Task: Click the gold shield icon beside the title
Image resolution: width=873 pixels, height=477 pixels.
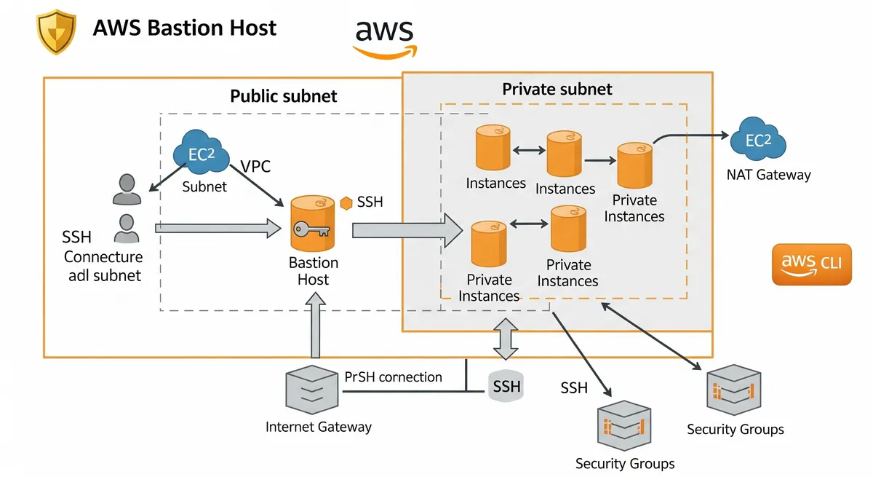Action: click(x=57, y=32)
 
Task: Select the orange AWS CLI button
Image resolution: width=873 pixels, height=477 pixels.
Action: click(x=811, y=264)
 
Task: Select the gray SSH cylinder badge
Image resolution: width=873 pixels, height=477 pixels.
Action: click(x=506, y=385)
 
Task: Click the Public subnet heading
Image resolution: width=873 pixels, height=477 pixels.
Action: click(x=284, y=96)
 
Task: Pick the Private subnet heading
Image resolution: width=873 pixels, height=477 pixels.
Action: click(x=557, y=89)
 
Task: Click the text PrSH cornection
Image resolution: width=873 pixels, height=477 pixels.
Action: click(x=393, y=377)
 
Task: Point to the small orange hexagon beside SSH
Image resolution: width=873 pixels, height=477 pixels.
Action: click(x=346, y=202)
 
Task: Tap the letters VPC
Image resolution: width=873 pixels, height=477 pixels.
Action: click(x=255, y=166)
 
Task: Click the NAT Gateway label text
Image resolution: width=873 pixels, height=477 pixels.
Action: click(x=768, y=175)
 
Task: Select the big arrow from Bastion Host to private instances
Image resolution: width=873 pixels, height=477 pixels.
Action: click(x=407, y=230)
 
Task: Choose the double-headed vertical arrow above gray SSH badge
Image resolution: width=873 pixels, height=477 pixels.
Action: click(x=506, y=339)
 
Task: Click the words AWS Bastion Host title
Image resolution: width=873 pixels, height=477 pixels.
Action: click(x=185, y=28)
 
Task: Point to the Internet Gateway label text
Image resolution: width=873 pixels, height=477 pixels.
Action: click(x=319, y=427)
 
